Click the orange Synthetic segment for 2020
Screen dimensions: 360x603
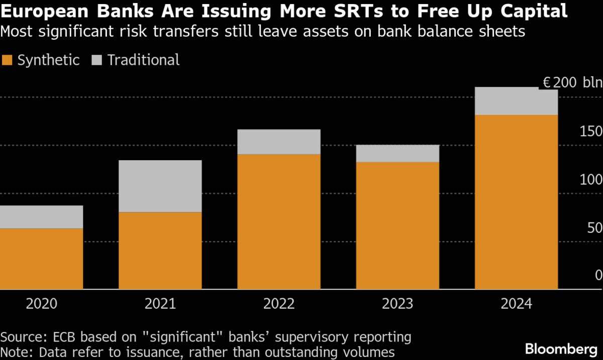(41, 259)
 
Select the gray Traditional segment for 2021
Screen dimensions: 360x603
(160, 186)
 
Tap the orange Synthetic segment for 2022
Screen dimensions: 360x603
(279, 221)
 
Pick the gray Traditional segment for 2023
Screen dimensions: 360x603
(397, 154)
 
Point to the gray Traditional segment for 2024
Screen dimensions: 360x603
(516, 101)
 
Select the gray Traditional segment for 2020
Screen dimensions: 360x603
(41, 217)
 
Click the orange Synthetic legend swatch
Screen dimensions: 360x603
(7, 61)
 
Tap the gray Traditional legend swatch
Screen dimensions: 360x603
(97, 61)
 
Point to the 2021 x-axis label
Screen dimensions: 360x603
(160, 304)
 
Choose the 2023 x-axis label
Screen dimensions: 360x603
(397, 304)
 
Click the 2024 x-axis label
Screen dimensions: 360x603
(516, 304)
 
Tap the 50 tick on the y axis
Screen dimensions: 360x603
(594, 228)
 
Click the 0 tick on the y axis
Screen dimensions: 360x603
(598, 275)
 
